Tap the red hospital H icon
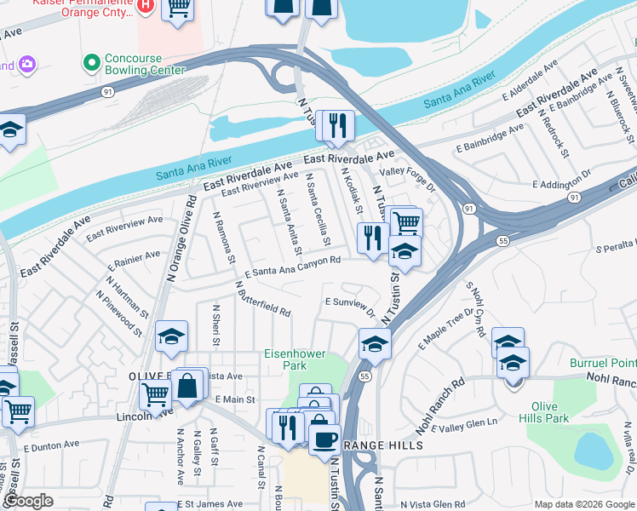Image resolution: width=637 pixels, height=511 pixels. point(146,6)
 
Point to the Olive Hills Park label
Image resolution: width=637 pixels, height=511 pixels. point(549,412)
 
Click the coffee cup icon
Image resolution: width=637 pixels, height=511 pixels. point(324,439)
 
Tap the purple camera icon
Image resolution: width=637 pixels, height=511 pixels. point(28,64)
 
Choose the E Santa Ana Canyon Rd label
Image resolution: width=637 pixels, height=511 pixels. point(293,267)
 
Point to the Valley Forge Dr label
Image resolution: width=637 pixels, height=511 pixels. point(407,170)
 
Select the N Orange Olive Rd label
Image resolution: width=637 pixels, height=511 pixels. point(183,240)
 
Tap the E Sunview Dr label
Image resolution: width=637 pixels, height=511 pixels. point(350,304)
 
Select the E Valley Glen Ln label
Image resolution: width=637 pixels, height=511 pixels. point(468,428)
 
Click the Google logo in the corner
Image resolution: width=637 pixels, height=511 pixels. point(28,501)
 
